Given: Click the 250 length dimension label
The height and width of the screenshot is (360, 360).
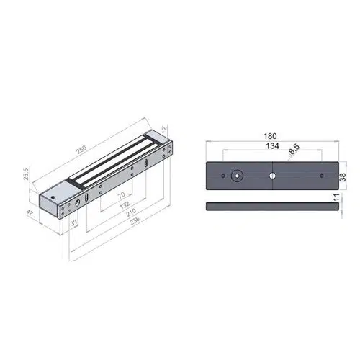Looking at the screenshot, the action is [81, 150].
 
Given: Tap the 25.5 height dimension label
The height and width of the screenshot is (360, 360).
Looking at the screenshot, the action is [26, 174].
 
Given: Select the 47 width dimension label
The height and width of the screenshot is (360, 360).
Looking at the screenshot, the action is [30, 213].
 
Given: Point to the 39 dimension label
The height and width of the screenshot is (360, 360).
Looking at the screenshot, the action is [73, 223].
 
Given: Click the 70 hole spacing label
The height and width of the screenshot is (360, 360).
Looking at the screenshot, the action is [122, 195].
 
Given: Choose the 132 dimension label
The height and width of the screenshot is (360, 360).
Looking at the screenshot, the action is [125, 205].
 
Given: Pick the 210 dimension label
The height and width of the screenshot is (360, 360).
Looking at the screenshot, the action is [131, 212].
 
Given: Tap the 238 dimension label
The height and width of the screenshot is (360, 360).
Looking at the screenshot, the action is [135, 221].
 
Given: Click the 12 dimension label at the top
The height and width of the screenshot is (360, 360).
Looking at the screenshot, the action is [165, 130].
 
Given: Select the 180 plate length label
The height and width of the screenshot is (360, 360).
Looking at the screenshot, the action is [270, 136].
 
